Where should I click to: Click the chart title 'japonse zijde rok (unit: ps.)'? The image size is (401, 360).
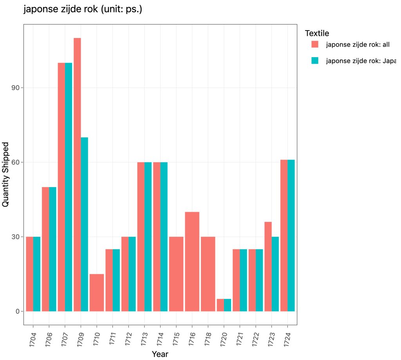pos(83,9)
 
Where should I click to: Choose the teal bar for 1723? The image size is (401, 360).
pos(275,274)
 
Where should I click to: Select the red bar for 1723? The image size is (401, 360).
pos(268,266)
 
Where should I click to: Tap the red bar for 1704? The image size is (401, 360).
pos(29,274)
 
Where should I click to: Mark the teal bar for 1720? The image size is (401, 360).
pos(228,305)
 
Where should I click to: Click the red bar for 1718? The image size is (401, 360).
pos(208,274)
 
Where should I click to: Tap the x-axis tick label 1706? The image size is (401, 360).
pos(49,336)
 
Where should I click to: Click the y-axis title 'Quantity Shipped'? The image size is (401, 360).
pos(6,175)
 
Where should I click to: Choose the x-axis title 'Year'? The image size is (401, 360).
pos(160,354)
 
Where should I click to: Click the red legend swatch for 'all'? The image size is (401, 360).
pos(315,44)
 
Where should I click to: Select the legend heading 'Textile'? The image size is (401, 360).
pos(317,33)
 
